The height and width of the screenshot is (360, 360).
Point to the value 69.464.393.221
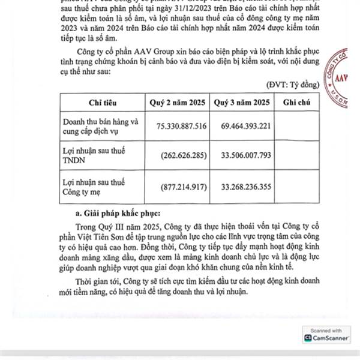coord(246,125)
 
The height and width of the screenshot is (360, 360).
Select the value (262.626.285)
coord(184,155)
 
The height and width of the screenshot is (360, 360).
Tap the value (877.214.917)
coord(184,185)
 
